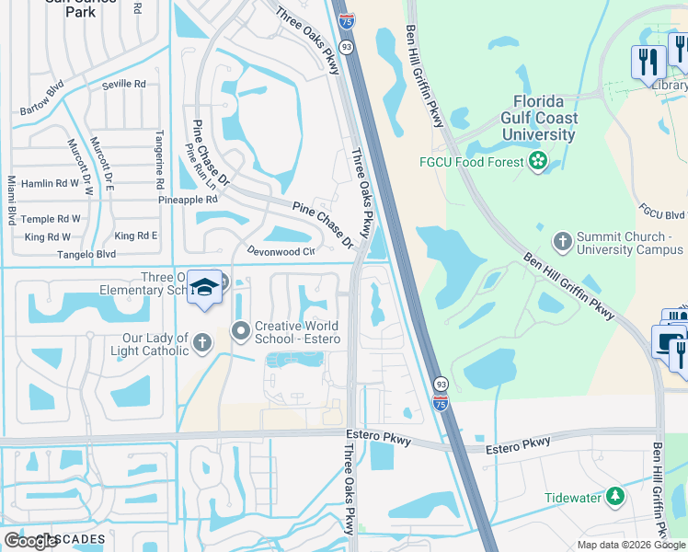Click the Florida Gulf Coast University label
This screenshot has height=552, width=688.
click(x=539, y=118)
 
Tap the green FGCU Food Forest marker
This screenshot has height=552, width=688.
click(x=538, y=163)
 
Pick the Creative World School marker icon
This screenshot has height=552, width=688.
click(x=241, y=329)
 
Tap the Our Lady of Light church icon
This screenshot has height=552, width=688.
click(x=202, y=344)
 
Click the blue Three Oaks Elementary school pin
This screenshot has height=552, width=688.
click(x=205, y=288)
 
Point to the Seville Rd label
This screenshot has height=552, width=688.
click(x=124, y=84)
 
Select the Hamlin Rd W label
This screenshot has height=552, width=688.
click(x=51, y=183)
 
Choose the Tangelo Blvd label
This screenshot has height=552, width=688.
click(x=86, y=254)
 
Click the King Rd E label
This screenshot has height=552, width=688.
click(x=136, y=236)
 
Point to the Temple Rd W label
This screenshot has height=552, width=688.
click(x=52, y=219)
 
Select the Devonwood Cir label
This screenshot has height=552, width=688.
click(x=281, y=250)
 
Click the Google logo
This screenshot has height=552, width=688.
click(x=30, y=541)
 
